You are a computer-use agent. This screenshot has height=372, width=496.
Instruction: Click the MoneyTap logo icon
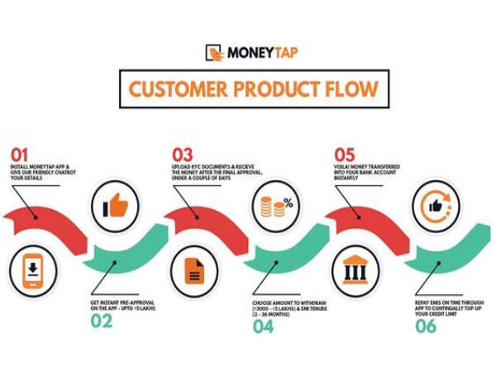215,53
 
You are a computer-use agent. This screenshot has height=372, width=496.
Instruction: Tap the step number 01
19,155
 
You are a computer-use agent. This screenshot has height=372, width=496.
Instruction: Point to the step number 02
101,322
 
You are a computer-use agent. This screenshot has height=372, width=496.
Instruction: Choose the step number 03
182,155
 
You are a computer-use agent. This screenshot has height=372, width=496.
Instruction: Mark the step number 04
262,326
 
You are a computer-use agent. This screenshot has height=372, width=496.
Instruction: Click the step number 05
345,155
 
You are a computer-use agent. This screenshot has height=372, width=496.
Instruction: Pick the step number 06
426,326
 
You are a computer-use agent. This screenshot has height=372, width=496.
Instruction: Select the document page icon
193,269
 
